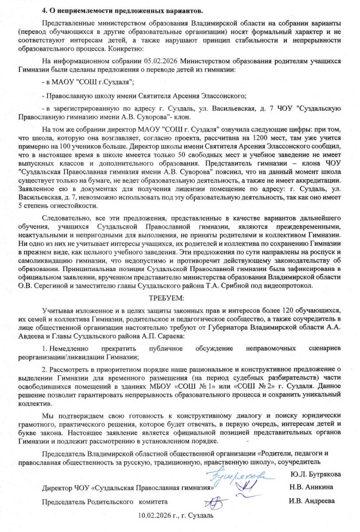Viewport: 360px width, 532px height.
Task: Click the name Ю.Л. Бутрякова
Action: tap(316, 474)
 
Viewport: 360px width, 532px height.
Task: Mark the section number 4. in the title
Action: tap(45, 10)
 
